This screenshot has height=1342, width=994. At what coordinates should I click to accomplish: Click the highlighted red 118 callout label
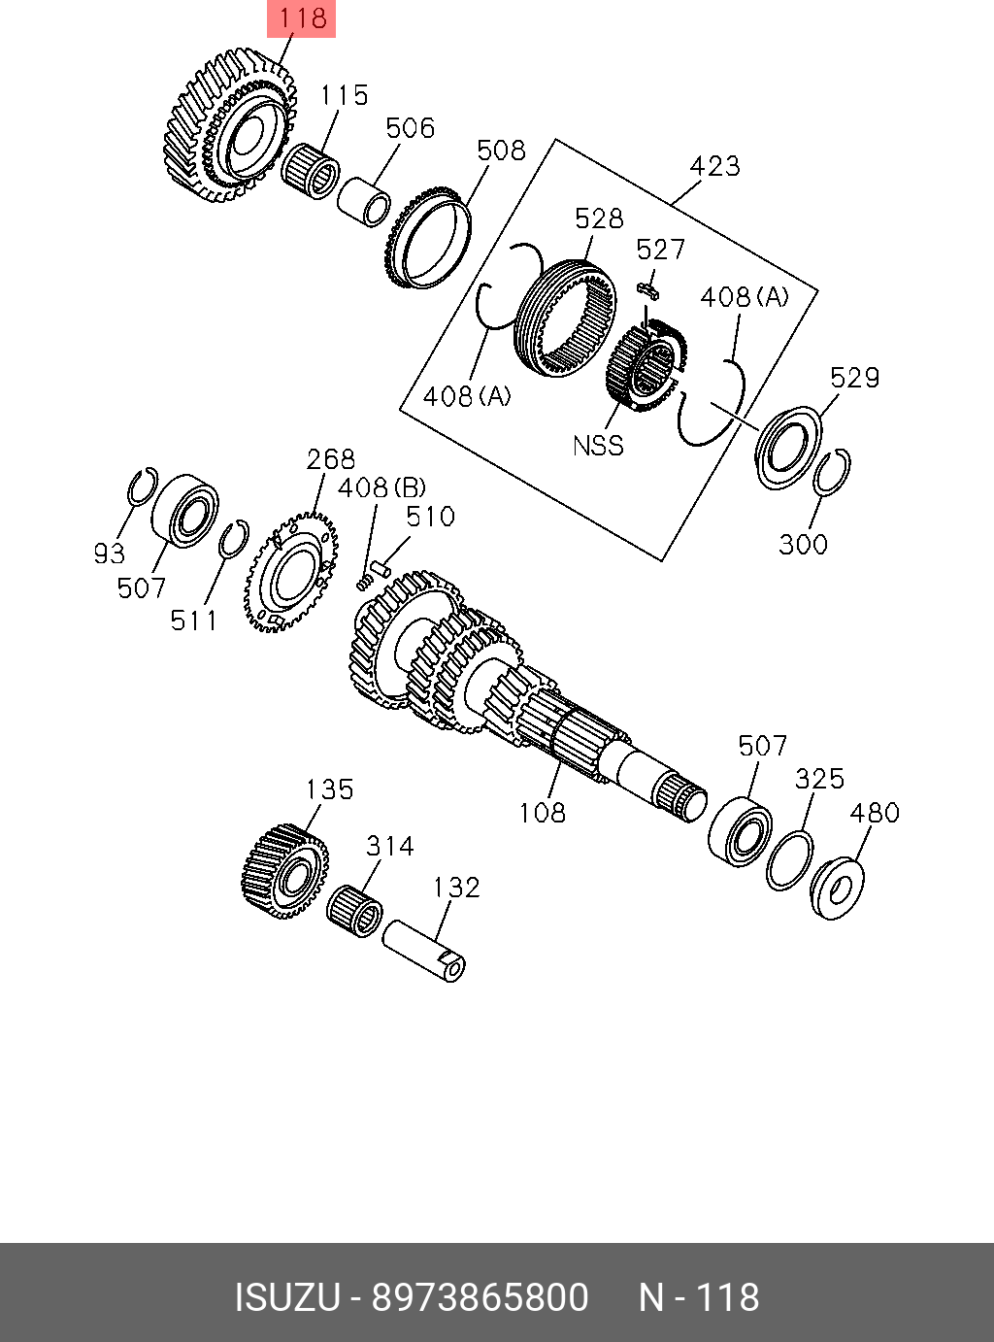(x=301, y=18)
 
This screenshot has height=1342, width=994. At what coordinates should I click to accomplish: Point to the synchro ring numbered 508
(x=427, y=240)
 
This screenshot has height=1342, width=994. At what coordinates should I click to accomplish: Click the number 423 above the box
(x=714, y=166)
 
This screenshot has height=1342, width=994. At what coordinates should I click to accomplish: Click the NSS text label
(x=598, y=446)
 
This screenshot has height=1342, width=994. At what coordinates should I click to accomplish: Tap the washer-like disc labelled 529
(x=787, y=448)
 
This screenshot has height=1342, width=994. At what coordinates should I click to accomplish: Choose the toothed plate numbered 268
(x=290, y=573)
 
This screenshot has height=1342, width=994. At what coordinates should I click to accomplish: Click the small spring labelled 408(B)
(x=364, y=581)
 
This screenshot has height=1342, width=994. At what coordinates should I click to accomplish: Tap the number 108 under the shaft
(x=542, y=812)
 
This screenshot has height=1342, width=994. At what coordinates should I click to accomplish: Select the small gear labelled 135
(x=283, y=870)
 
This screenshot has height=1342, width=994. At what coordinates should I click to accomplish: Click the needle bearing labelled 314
(x=354, y=911)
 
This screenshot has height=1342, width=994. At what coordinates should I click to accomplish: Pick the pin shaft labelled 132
(x=424, y=949)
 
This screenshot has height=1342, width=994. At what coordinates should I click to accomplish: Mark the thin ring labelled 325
(x=789, y=859)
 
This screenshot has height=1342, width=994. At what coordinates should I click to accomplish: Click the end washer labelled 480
(x=838, y=886)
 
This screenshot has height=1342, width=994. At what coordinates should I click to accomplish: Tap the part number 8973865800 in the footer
(x=480, y=1297)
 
